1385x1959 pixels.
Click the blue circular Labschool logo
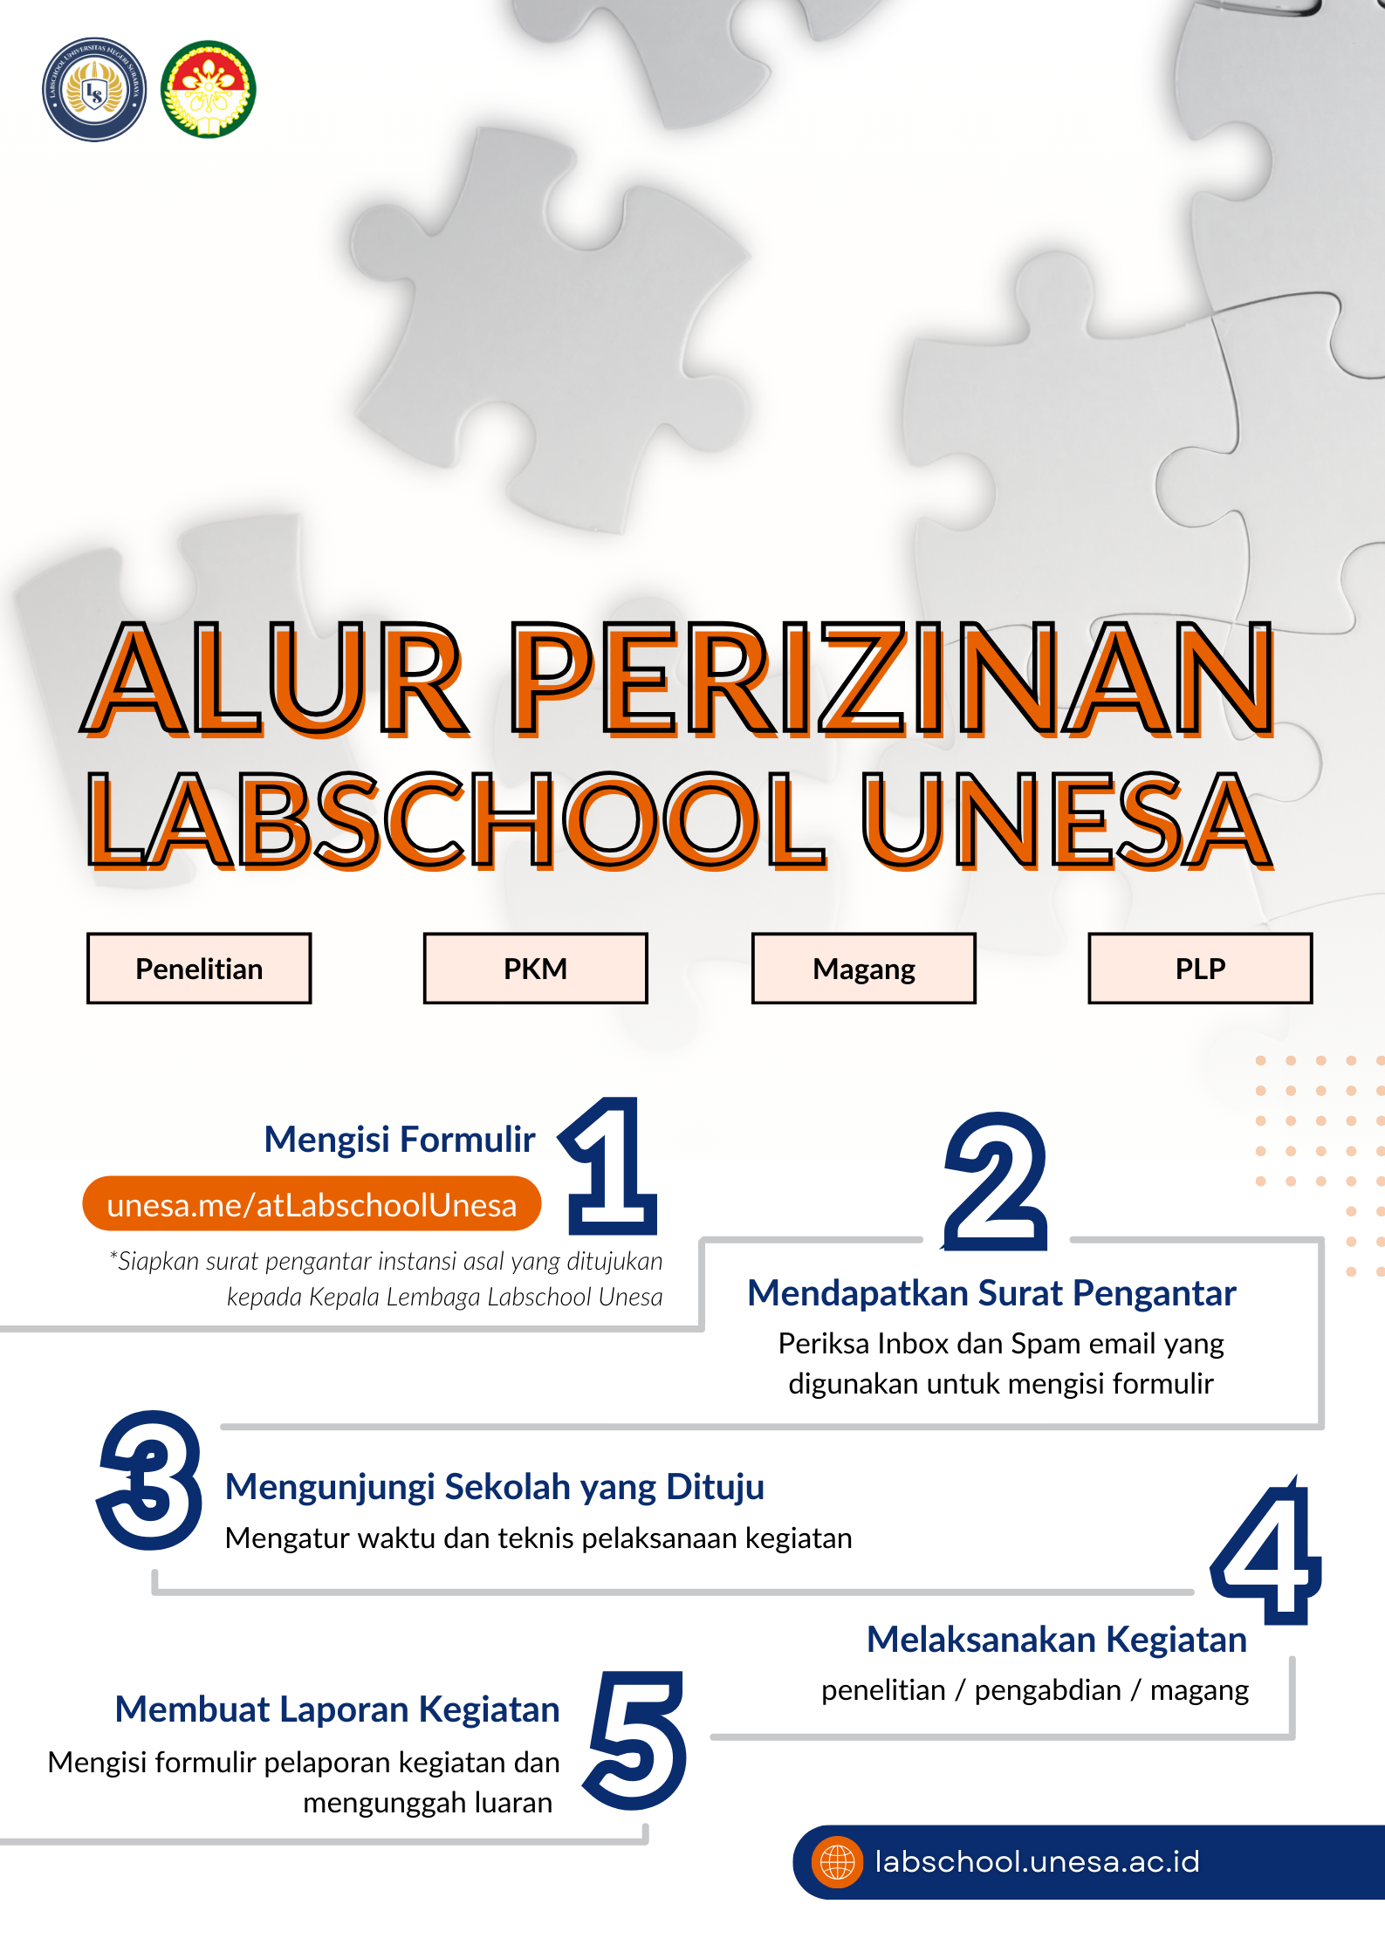tap(94, 90)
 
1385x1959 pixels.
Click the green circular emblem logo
tap(208, 90)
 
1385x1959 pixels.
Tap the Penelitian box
tap(199, 969)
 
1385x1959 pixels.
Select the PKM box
tap(535, 969)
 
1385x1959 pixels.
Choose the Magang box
tap(864, 969)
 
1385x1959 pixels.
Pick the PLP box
tap(1200, 969)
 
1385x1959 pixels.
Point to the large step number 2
tap(996, 1182)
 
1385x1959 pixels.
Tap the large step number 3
tap(151, 1480)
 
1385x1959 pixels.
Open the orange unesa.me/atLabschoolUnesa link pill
tap(312, 1204)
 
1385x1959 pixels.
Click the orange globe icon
tap(837, 1862)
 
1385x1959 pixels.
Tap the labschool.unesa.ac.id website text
tap(1037, 1862)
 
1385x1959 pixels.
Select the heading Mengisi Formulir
tap(400, 1140)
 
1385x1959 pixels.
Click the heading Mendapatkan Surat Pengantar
tap(991, 1293)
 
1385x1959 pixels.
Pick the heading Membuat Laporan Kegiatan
tap(337, 1709)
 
